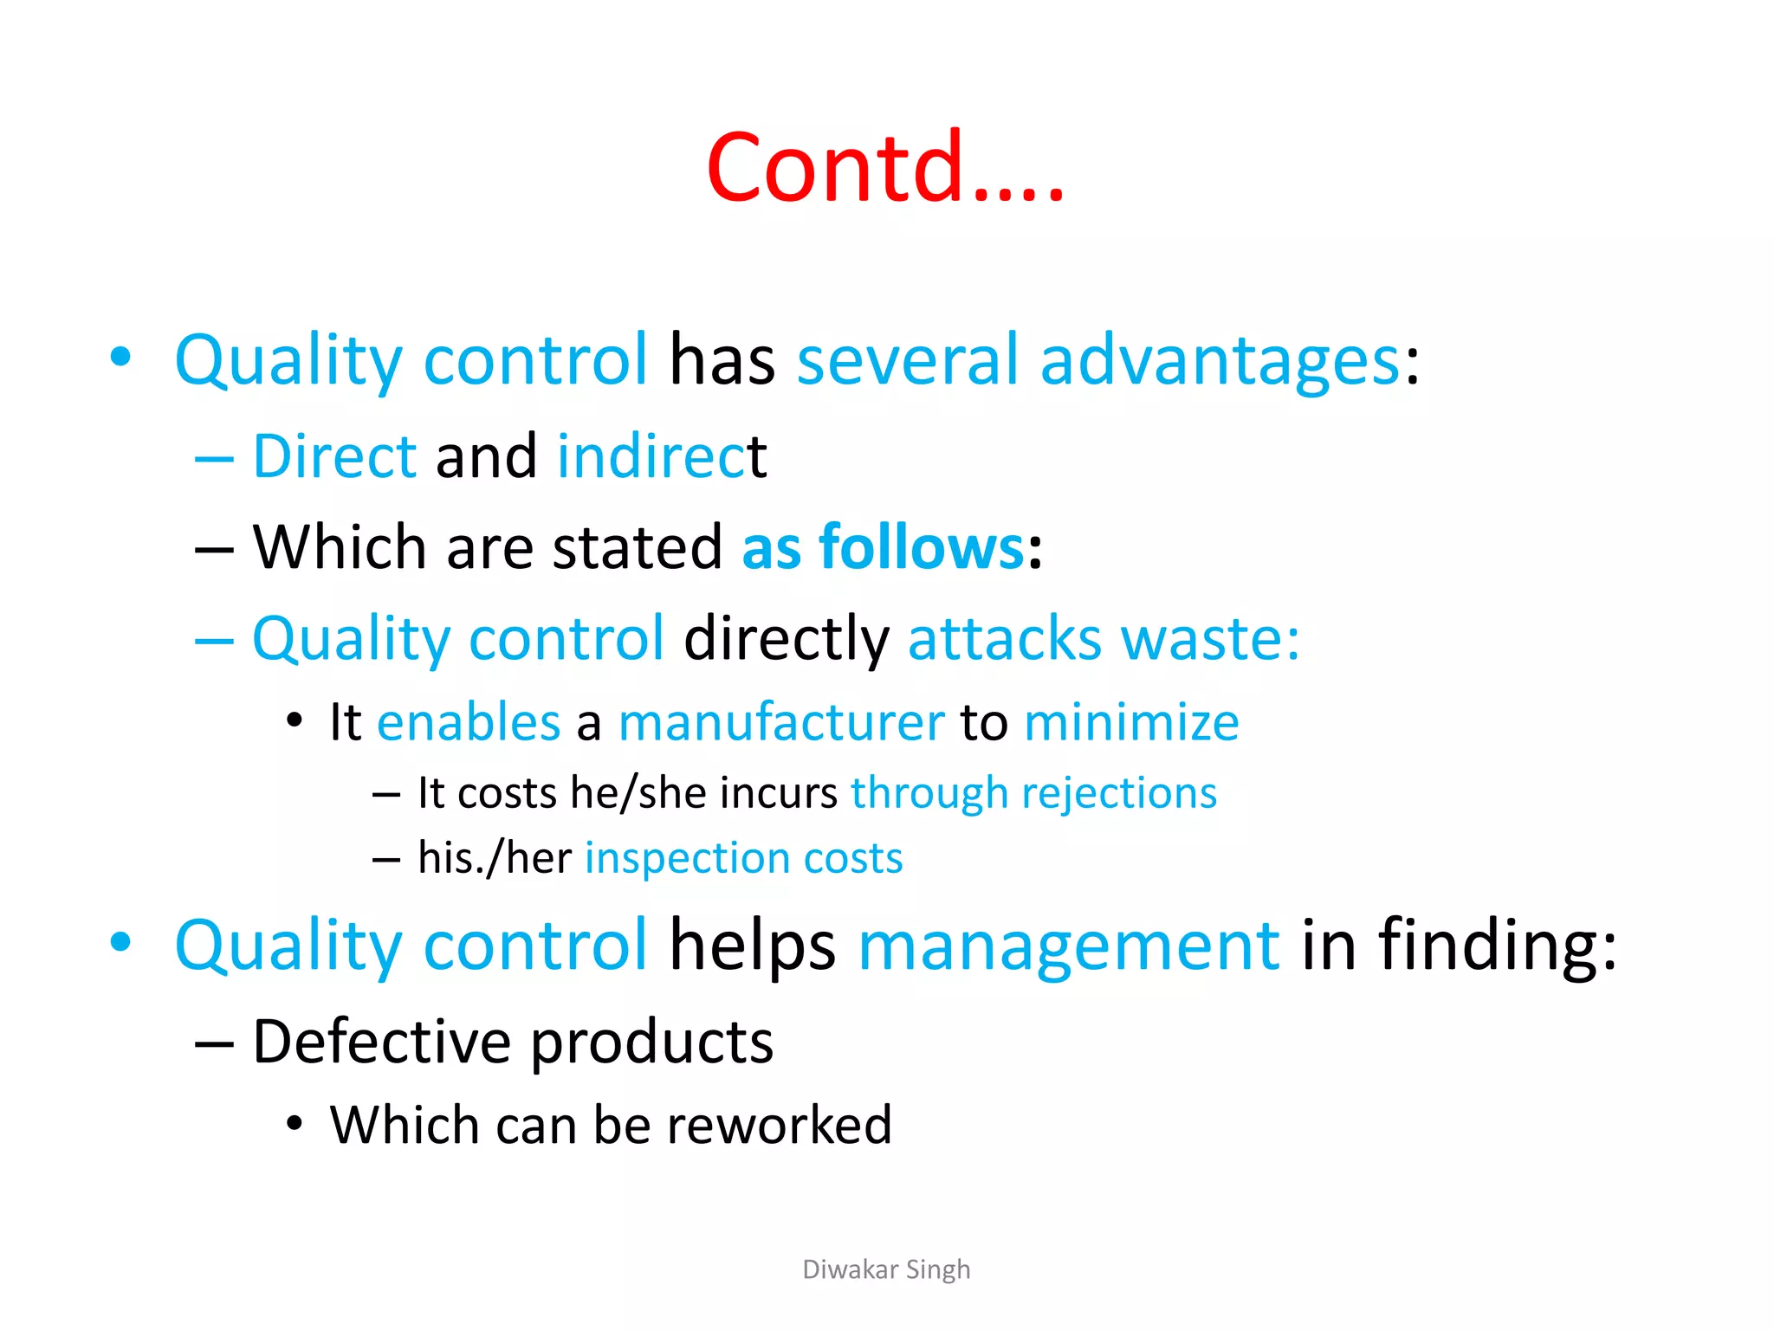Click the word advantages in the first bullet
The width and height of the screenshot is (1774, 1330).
tap(1220, 360)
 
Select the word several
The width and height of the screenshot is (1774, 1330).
tap(907, 360)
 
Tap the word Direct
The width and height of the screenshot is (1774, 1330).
tap(334, 456)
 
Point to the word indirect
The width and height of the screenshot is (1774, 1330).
tap(661, 456)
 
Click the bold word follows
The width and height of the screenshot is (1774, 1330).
tap(922, 547)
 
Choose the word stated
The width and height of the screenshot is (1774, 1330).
tap(637, 547)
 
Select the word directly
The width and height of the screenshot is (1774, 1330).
tap(786, 639)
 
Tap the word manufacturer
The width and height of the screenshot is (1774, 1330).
tap(780, 722)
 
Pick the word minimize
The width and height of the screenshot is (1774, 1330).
tap(1130, 722)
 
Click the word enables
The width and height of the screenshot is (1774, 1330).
tap(469, 722)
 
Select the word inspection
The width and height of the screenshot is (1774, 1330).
tap(686, 859)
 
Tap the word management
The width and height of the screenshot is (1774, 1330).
tap(1068, 946)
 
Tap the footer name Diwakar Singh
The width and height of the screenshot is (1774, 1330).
tap(886, 1269)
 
